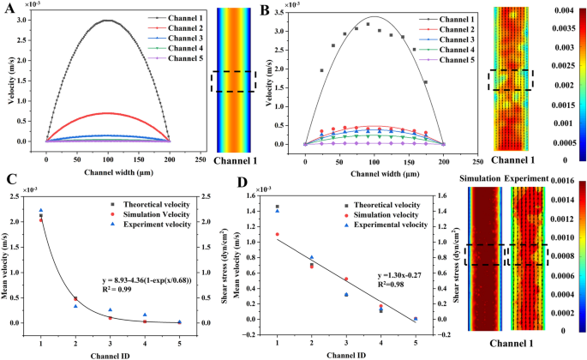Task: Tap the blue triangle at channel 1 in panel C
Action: point(40,210)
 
